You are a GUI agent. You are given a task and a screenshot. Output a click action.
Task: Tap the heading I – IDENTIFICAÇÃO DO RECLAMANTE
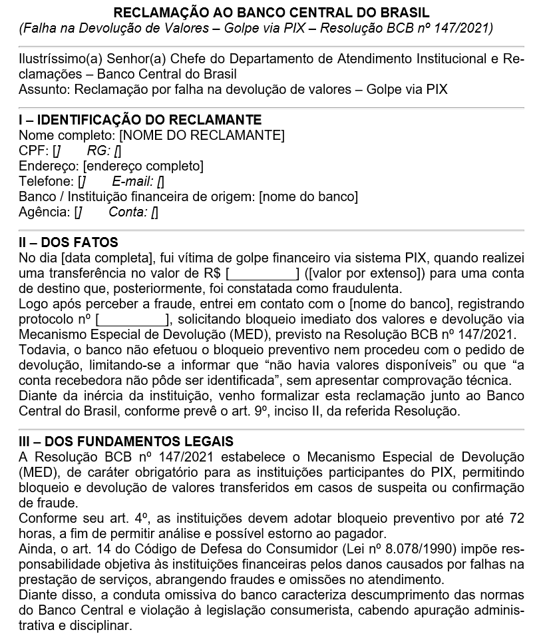[140, 120]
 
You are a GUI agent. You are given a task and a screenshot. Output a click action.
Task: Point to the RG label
[98, 151]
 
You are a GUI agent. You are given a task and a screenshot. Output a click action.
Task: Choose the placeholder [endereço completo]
[143, 166]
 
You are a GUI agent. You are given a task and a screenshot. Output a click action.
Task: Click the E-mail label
[133, 181]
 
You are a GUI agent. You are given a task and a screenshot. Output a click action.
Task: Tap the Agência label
[44, 212]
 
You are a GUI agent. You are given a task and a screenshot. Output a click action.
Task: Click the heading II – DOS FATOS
[69, 243]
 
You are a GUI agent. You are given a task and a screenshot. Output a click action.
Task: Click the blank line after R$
[262, 274]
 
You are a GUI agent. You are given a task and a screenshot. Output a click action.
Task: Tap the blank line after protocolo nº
[134, 320]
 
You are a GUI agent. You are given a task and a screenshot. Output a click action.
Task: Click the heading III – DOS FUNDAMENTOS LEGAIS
[126, 442]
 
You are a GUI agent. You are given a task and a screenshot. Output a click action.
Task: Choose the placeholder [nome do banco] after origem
[308, 196]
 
